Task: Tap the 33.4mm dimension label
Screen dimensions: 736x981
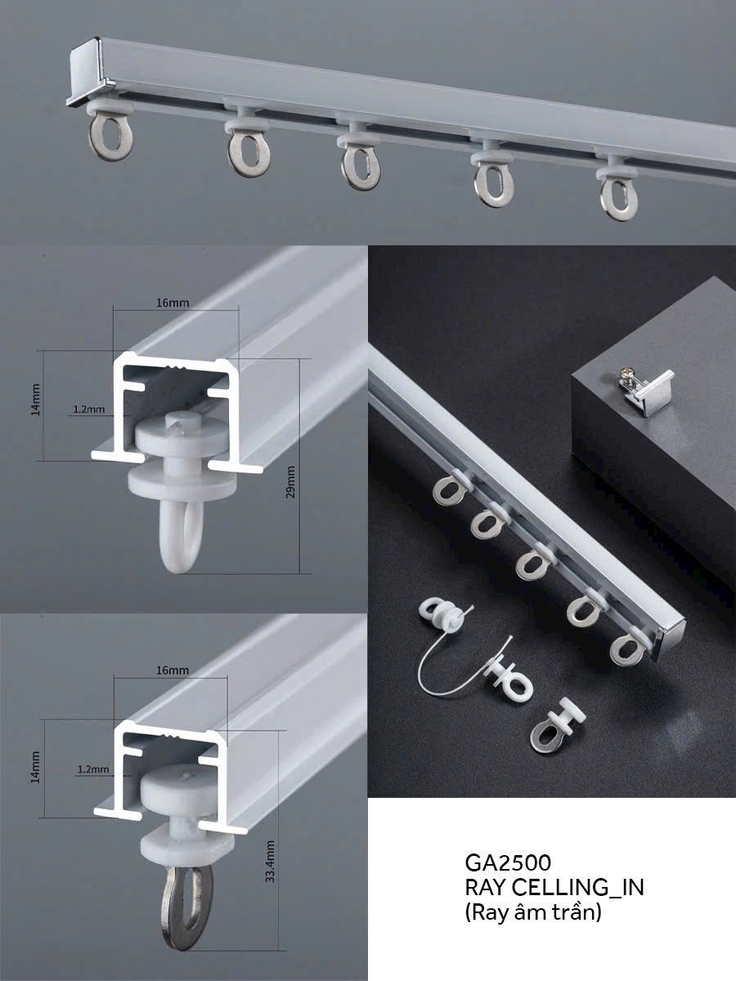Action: (x=270, y=861)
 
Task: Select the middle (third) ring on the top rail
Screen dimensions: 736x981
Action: (x=361, y=168)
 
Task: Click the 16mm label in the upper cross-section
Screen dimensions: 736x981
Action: (x=173, y=302)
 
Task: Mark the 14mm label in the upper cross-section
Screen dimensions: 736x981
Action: (x=36, y=400)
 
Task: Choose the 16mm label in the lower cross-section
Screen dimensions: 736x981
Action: (x=173, y=670)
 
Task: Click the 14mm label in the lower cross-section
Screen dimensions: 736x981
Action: (x=36, y=768)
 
